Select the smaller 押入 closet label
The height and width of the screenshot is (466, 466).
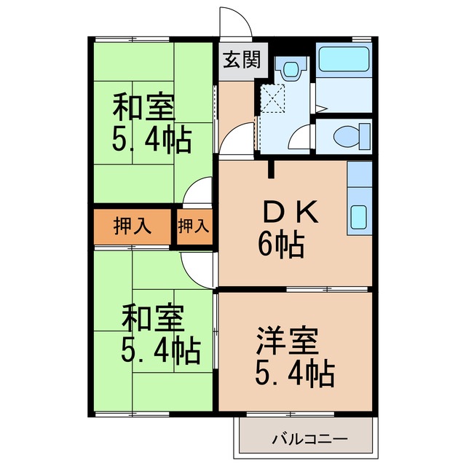(194, 226)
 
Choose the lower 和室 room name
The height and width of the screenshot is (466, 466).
(152, 318)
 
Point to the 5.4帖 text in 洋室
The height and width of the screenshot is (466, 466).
(294, 374)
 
